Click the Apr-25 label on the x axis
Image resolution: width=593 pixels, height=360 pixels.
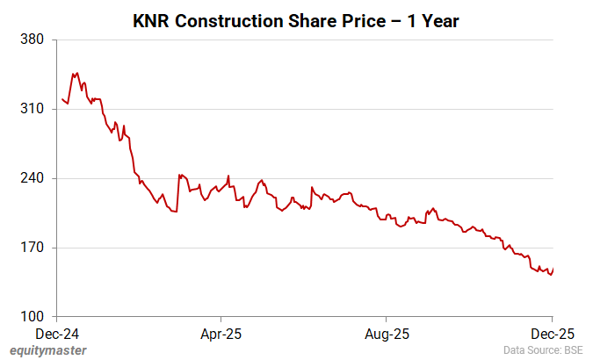(221, 334)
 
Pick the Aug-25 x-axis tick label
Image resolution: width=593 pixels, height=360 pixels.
(387, 334)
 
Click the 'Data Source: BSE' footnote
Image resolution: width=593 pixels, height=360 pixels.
(543, 350)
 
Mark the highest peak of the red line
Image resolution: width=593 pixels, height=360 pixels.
(77, 73)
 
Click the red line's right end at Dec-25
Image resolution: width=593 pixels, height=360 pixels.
(553, 270)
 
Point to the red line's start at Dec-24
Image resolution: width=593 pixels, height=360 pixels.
(62, 99)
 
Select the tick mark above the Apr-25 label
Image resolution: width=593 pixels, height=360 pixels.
(221, 320)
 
